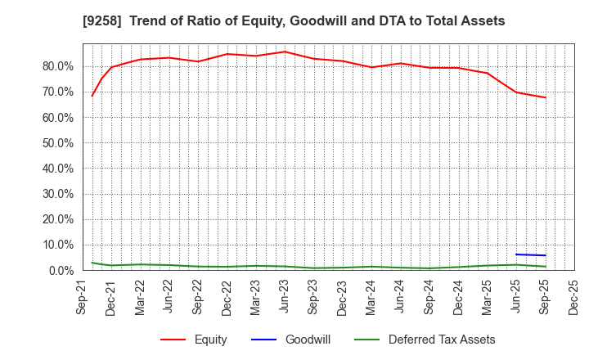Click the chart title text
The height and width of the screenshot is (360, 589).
(x=294, y=21)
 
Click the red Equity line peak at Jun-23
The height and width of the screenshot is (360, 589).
(x=285, y=52)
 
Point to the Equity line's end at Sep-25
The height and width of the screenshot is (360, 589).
(x=545, y=97)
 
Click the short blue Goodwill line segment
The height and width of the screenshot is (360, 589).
(x=531, y=255)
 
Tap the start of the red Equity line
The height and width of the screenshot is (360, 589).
(x=92, y=96)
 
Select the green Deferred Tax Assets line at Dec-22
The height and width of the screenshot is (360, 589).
(x=227, y=267)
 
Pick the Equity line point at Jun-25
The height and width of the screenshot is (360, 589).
(x=516, y=92)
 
